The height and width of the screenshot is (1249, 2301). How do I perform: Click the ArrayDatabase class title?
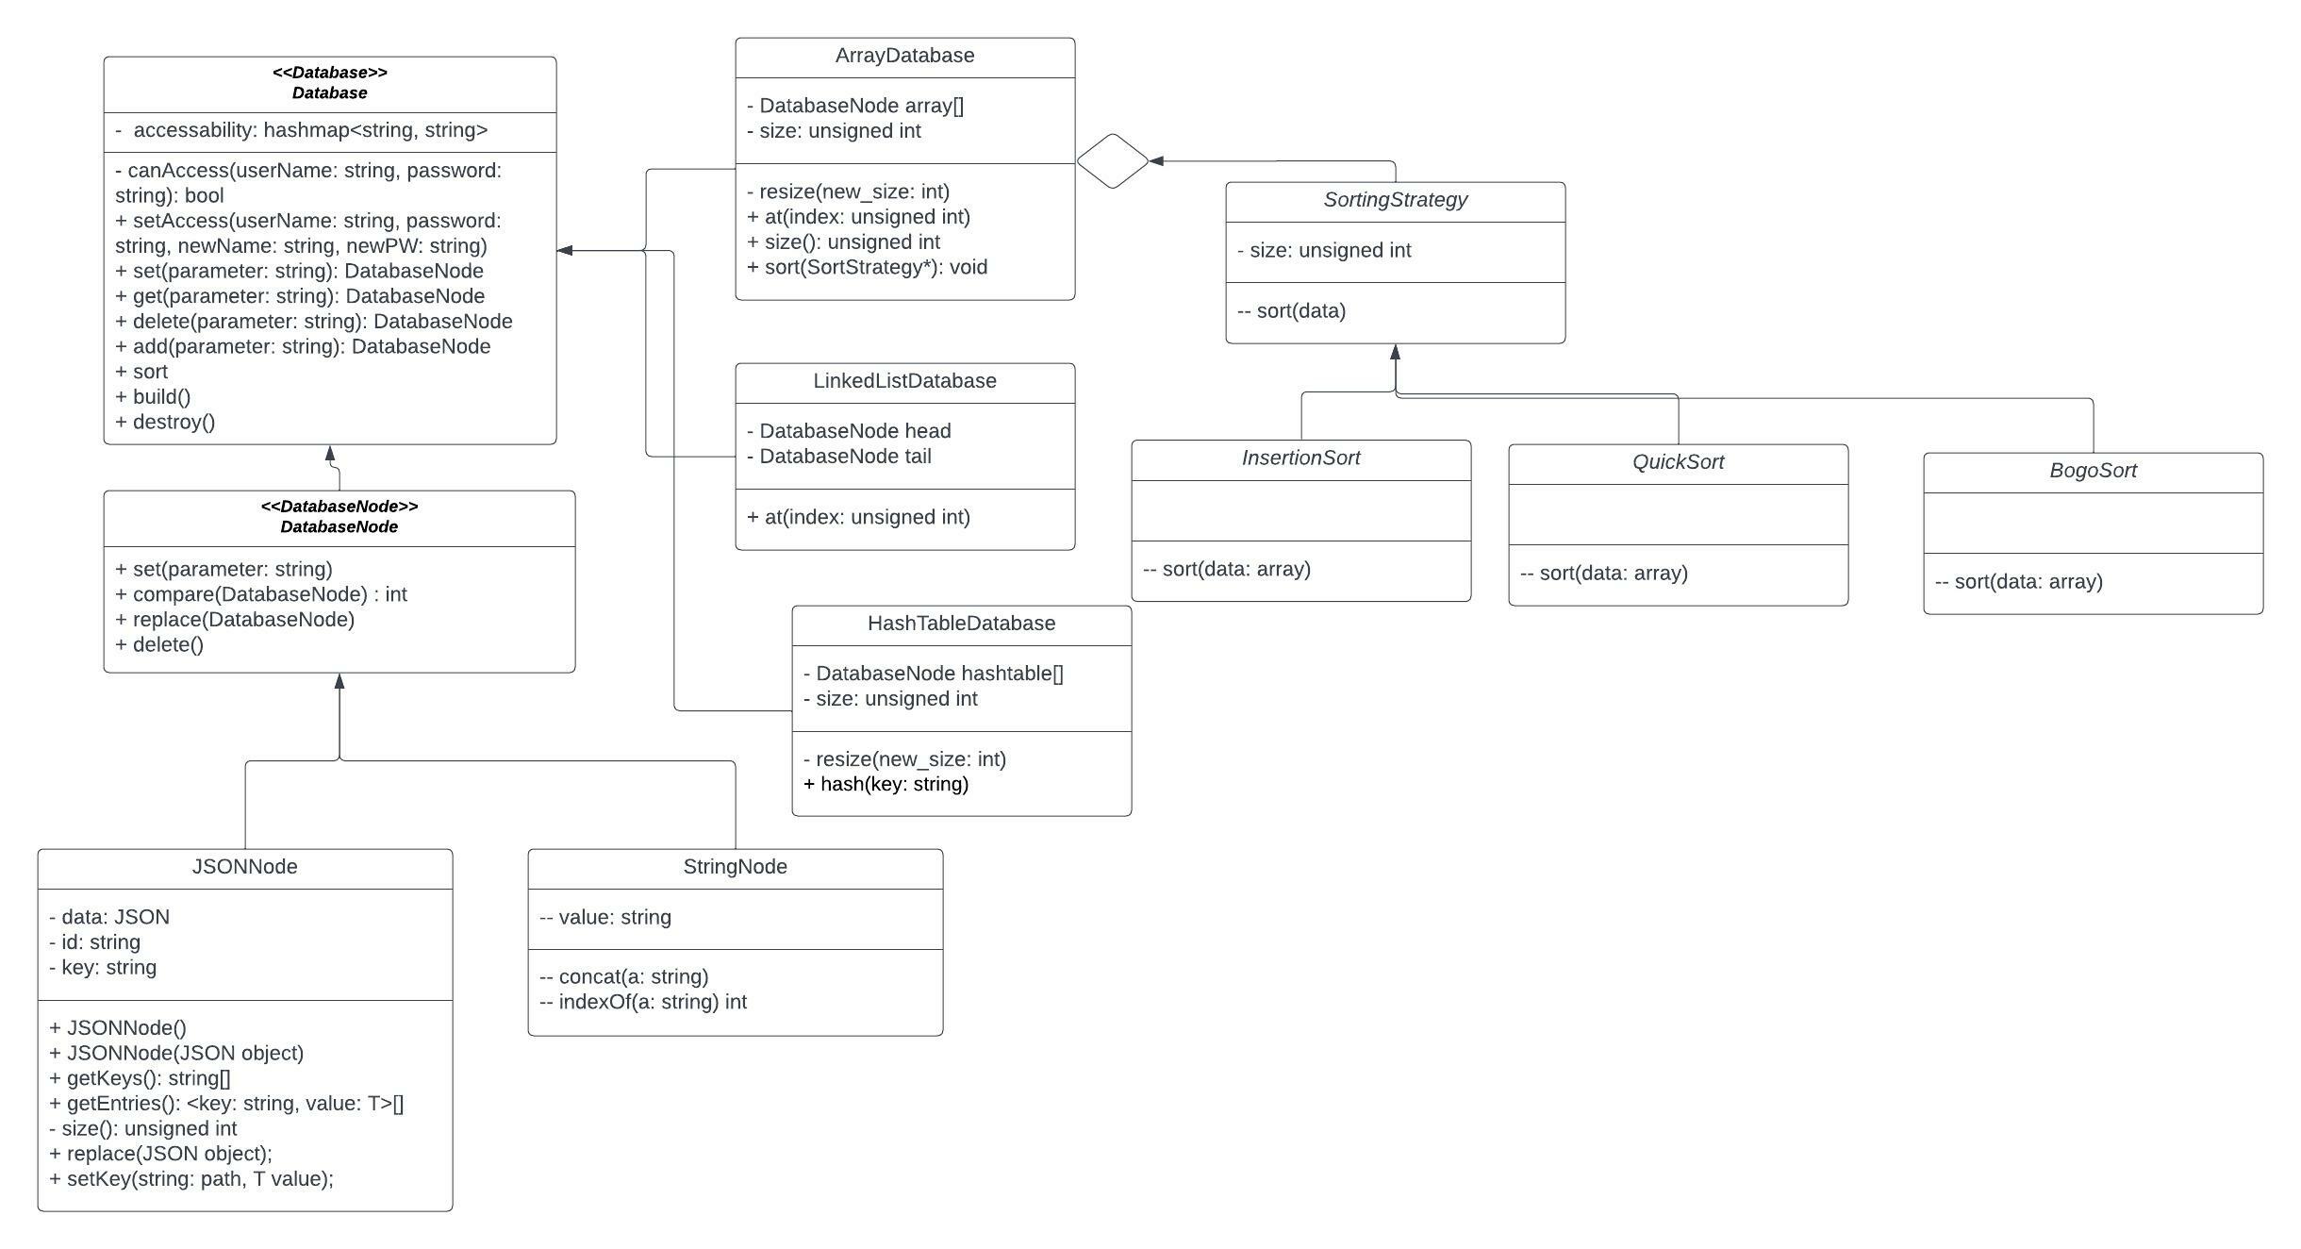click(x=904, y=56)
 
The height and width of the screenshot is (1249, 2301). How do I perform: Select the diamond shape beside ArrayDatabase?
click(x=1113, y=161)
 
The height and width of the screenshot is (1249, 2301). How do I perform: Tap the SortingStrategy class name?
click(x=1395, y=200)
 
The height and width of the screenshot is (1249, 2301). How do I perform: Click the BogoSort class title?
click(x=2093, y=471)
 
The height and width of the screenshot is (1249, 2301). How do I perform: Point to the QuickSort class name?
click(x=1678, y=462)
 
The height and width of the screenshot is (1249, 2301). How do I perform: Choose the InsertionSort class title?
click(x=1300, y=458)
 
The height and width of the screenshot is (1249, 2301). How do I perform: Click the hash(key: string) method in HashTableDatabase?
click(x=886, y=784)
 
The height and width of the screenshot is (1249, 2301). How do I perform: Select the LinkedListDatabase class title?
click(x=904, y=381)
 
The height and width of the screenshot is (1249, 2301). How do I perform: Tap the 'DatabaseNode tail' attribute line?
click(x=845, y=457)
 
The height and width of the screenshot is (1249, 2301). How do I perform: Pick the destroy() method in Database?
click(x=165, y=422)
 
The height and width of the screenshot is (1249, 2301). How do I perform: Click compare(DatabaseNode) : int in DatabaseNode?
click(x=261, y=594)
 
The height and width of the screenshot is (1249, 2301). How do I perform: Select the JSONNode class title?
click(x=244, y=867)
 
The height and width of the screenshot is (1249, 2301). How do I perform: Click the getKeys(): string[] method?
click(x=140, y=1078)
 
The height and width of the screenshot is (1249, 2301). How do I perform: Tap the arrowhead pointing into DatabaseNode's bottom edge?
click(x=339, y=681)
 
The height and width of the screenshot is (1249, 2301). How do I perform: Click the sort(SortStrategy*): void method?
click(x=867, y=267)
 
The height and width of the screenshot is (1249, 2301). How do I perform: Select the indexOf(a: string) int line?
click(x=643, y=1002)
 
